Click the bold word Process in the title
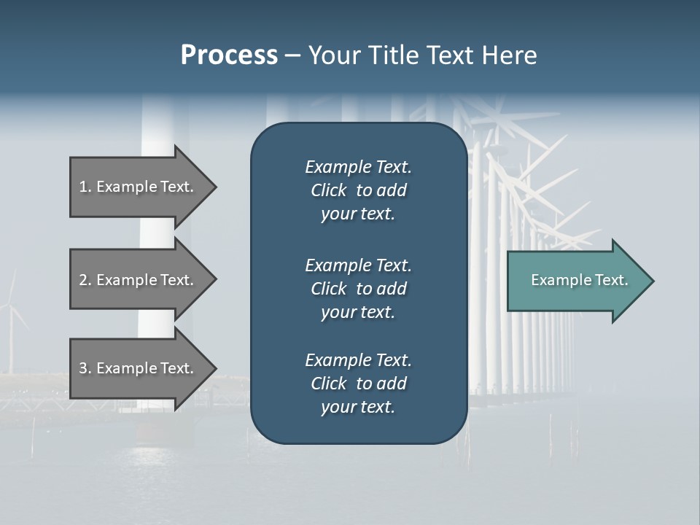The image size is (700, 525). coord(229,55)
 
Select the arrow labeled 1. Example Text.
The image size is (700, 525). coord(136,187)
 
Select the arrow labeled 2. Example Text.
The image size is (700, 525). coord(136,280)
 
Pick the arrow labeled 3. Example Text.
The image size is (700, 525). coord(136,368)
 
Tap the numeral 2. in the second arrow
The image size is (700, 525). coord(85,280)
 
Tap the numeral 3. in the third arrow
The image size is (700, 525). coord(85,368)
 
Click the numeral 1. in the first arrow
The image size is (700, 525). coord(85,187)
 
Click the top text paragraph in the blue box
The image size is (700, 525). coord(358,190)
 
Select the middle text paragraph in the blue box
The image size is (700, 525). coord(358,289)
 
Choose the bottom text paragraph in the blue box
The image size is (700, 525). coord(358,384)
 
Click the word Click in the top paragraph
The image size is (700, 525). coord(328,190)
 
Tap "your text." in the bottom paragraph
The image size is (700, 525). coord(358,407)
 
